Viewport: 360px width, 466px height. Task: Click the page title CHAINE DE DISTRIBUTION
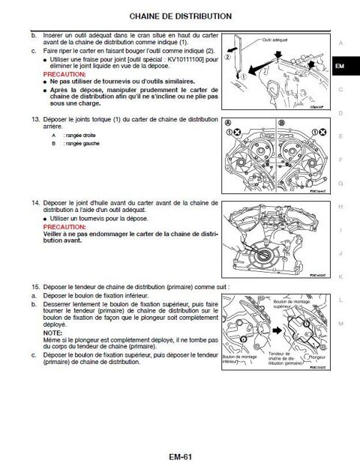click(x=180, y=15)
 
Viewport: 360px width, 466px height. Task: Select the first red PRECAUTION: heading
click(x=64, y=76)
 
